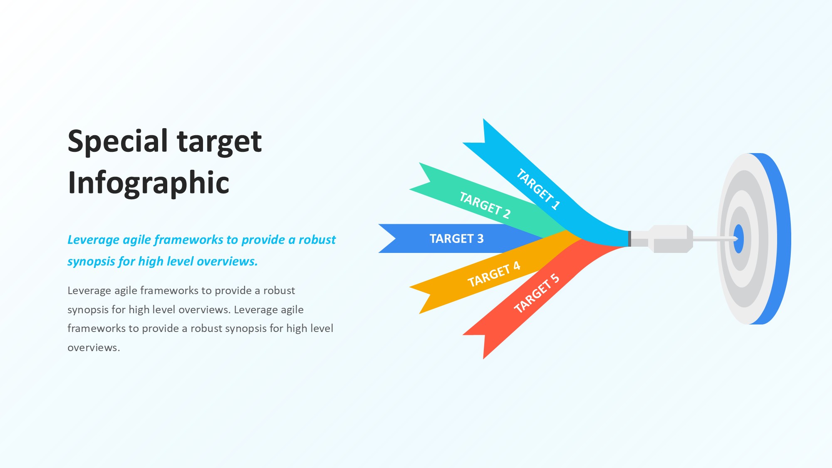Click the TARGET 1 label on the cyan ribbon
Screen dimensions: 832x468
click(538, 188)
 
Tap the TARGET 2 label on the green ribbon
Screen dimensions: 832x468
click(485, 205)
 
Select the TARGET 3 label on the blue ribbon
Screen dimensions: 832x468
click(456, 239)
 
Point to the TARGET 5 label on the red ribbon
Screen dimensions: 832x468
click(537, 293)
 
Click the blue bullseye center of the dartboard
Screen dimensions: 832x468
click(739, 239)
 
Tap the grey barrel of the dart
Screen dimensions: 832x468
click(670, 239)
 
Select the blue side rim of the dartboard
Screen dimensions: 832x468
click(778, 239)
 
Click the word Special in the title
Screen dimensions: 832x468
click(118, 141)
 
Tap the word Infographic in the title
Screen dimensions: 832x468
click(149, 183)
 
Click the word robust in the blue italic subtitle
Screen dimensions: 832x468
click(317, 240)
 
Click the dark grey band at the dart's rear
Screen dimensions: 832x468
click(629, 239)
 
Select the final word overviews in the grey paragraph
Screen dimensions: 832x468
click(94, 348)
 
